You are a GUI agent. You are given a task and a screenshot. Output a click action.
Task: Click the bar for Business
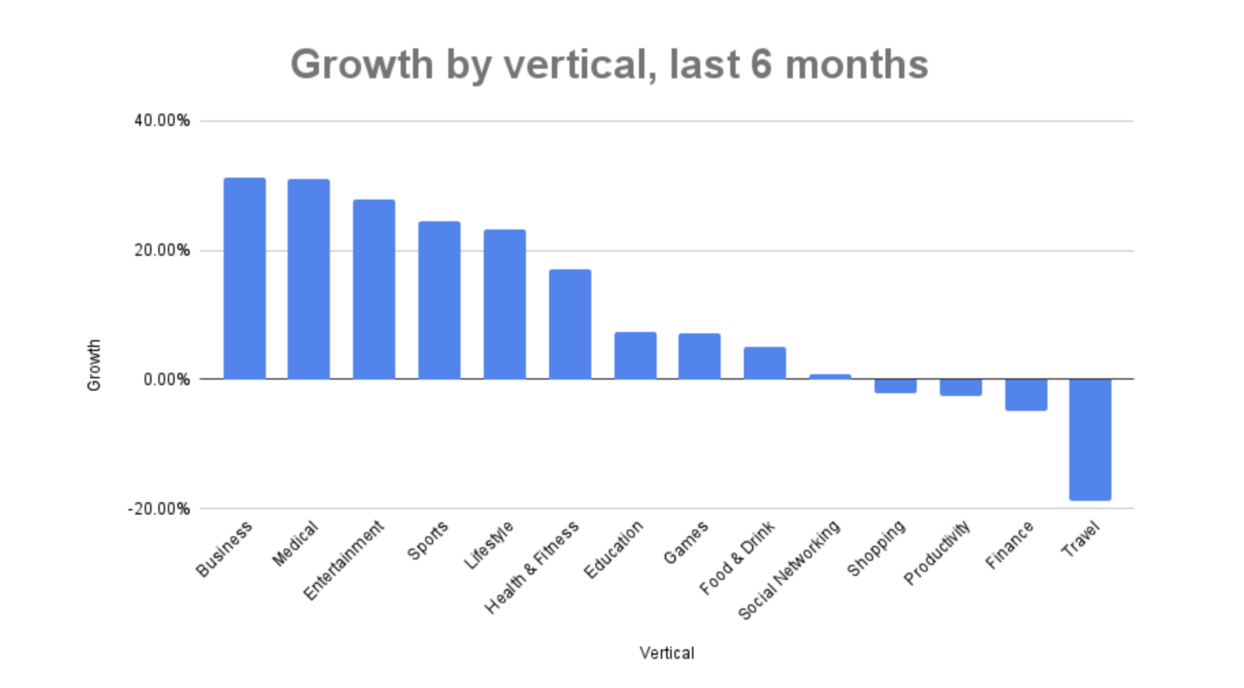click(x=245, y=278)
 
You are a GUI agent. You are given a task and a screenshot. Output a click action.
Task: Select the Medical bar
click(x=309, y=279)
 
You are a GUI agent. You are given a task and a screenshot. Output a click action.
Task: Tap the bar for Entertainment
click(x=374, y=289)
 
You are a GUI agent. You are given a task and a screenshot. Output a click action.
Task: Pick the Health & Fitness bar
click(x=570, y=324)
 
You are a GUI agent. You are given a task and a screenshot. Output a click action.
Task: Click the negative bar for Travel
click(x=1090, y=439)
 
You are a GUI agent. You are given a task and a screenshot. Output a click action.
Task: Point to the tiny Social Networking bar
click(x=830, y=377)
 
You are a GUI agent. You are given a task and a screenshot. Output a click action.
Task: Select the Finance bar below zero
click(x=1026, y=395)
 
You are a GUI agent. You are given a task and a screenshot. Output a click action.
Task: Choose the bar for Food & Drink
click(x=765, y=363)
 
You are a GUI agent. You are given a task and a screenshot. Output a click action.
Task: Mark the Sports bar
click(x=439, y=300)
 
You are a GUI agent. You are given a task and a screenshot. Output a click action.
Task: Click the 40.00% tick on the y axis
click(x=162, y=121)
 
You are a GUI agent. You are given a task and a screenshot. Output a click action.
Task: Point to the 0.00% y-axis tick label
click(x=167, y=379)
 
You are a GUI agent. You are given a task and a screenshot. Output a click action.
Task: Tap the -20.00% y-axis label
click(x=159, y=509)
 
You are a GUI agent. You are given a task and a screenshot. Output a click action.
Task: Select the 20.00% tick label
click(x=162, y=250)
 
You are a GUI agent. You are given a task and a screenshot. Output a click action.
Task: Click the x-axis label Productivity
click(x=937, y=553)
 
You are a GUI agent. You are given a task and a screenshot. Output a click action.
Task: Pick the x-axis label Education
click(x=614, y=549)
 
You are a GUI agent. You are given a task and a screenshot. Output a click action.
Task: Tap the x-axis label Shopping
click(x=876, y=549)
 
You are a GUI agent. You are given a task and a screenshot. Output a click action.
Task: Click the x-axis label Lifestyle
click(x=489, y=545)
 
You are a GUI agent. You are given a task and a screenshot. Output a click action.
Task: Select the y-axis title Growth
click(x=94, y=365)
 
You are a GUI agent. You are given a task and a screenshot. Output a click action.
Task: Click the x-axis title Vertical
click(x=667, y=653)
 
